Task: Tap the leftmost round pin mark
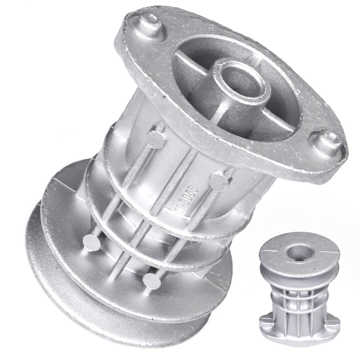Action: click(90, 242)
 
